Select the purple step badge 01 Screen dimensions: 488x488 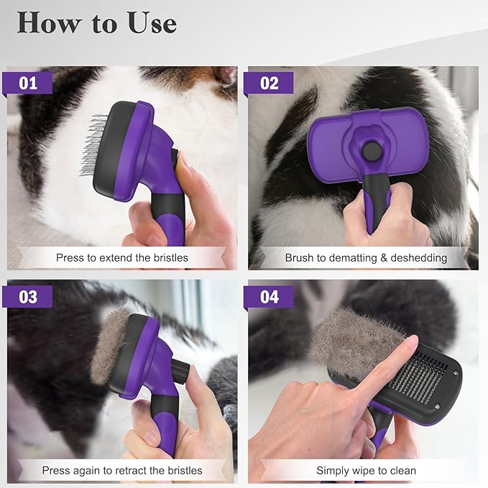(x=29, y=83)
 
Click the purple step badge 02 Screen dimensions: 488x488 (x=268, y=83)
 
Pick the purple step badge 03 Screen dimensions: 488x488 (x=29, y=296)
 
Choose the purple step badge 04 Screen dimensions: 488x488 (x=268, y=296)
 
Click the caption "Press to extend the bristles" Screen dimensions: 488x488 (x=122, y=257)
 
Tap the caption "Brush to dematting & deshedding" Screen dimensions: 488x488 (x=366, y=257)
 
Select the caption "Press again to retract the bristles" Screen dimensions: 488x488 (x=122, y=471)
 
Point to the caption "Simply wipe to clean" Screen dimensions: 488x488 (x=366, y=471)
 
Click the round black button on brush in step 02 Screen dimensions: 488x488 (x=372, y=150)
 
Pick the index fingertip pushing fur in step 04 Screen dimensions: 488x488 (x=409, y=345)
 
